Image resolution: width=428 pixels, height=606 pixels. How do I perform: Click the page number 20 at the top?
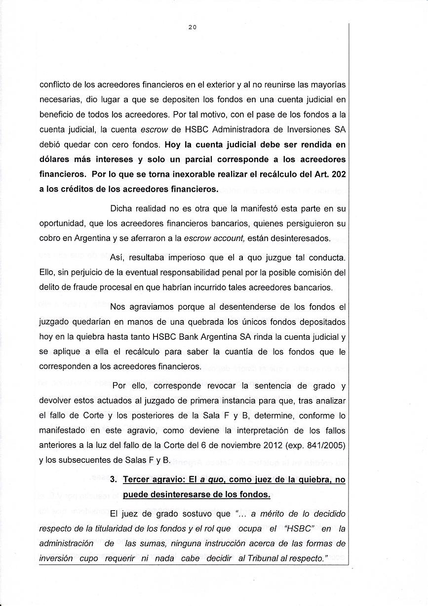193,28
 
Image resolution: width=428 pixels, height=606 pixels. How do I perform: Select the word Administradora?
233,130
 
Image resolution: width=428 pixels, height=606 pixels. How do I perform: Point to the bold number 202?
337,174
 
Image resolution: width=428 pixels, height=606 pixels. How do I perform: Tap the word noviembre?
232,445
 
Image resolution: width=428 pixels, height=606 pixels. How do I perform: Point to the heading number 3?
113,479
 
